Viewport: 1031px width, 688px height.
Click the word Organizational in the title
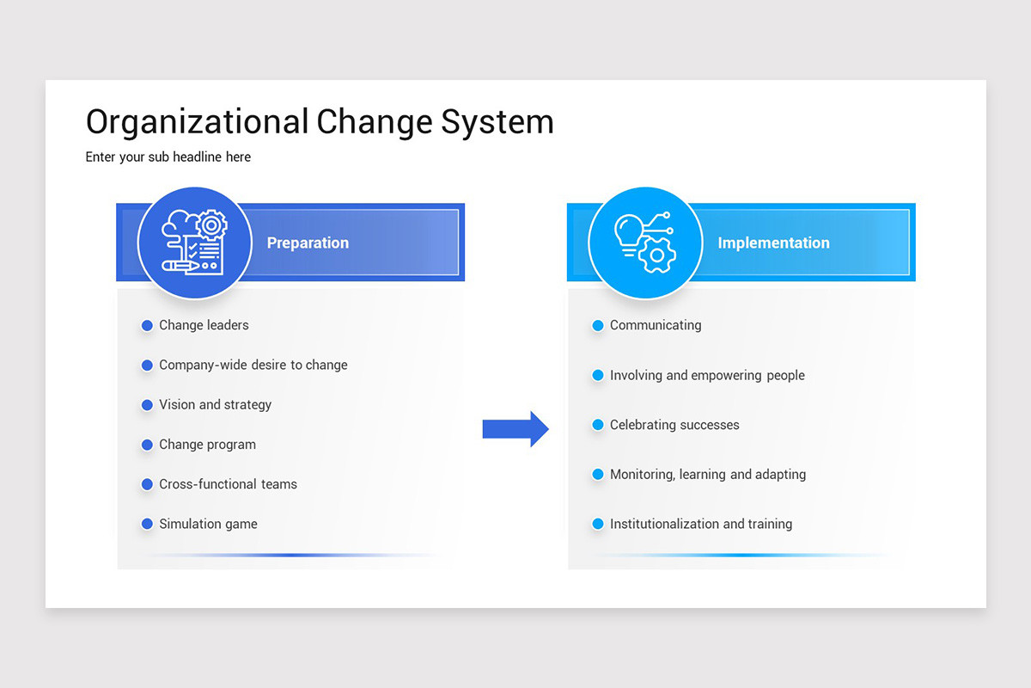click(197, 122)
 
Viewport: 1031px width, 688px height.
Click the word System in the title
click(497, 122)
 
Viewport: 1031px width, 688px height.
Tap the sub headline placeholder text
click(168, 157)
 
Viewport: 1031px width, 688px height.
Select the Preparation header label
click(308, 243)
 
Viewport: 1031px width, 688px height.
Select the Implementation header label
click(773, 243)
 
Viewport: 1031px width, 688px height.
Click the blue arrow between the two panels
click(515, 428)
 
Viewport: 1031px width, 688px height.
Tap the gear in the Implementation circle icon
click(658, 255)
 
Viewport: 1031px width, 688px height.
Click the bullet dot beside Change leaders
click(147, 325)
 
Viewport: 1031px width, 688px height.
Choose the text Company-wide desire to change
click(253, 365)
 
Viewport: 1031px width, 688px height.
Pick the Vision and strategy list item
click(215, 404)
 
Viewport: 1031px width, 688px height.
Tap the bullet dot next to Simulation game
click(147, 524)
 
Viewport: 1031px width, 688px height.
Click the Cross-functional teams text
click(228, 484)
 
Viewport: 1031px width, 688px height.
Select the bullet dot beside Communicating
click(598, 325)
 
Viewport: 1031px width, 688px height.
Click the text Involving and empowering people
click(707, 375)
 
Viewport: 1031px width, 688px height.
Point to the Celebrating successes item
click(674, 425)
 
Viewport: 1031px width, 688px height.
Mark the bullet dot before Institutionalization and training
click(598, 524)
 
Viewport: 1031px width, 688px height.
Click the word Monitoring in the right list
click(641, 474)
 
